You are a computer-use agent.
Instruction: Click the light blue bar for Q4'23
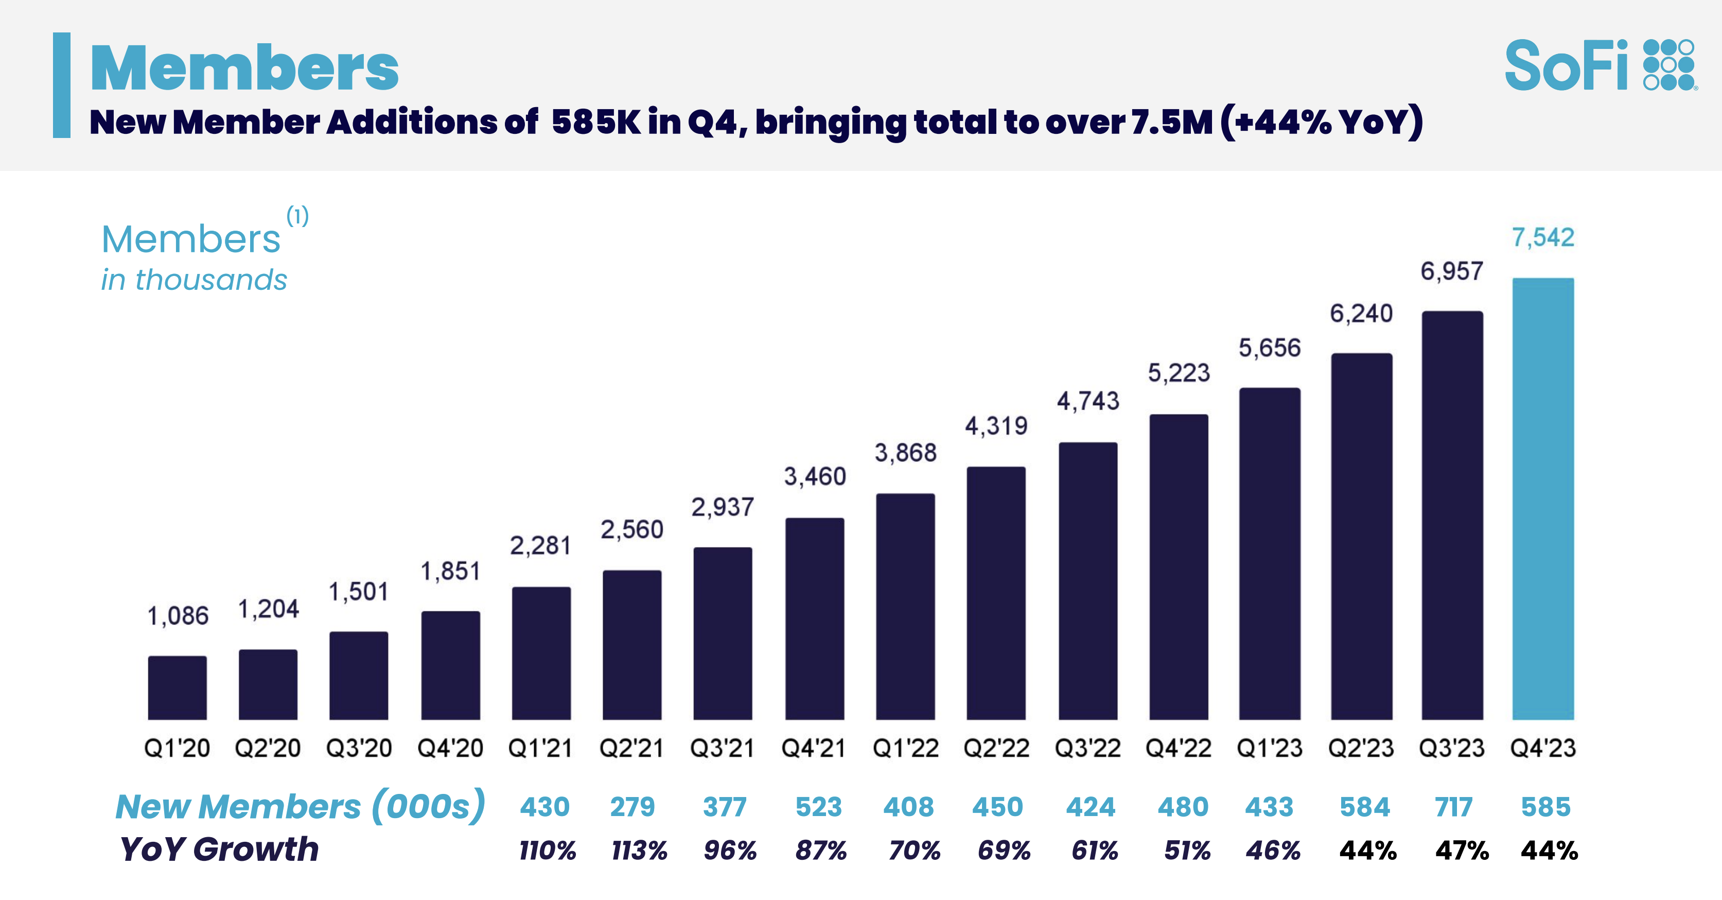(x=1543, y=498)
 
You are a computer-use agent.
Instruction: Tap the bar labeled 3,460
(x=814, y=618)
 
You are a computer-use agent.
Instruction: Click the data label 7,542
(x=1543, y=237)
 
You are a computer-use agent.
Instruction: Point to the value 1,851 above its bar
(x=450, y=571)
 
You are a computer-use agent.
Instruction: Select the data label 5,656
(x=1270, y=348)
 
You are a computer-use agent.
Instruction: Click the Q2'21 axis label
(x=631, y=748)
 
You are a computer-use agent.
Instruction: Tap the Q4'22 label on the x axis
(x=1178, y=748)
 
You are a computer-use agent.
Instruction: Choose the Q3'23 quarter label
(x=1451, y=748)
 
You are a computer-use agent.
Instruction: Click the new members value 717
(x=1453, y=807)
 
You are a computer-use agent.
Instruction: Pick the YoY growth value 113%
(x=639, y=851)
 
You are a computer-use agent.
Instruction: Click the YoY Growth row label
(x=219, y=849)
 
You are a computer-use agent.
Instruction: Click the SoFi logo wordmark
(x=1566, y=65)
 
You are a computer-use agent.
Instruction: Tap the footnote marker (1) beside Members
(x=297, y=216)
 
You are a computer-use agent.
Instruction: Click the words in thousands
(x=194, y=280)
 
